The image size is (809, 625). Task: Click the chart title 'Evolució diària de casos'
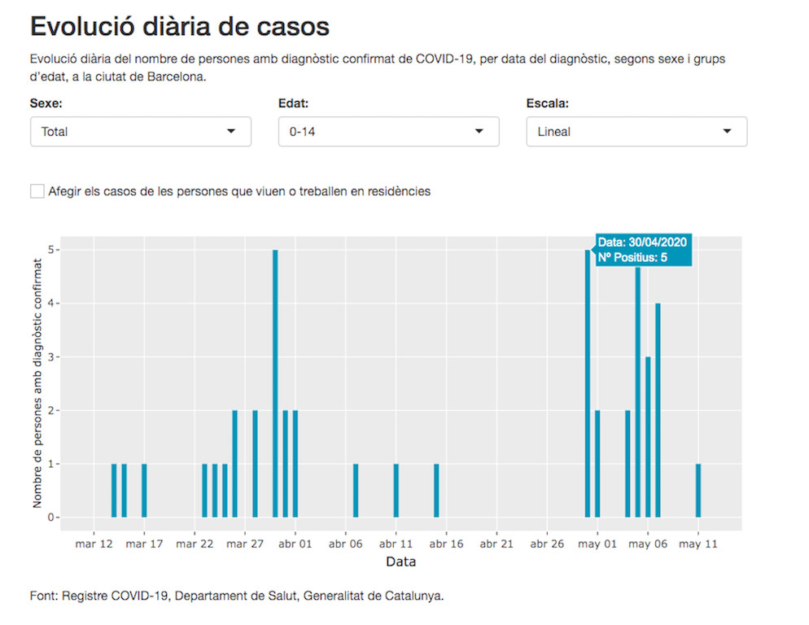[179, 26]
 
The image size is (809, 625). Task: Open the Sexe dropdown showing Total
[140, 131]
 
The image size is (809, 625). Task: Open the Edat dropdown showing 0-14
[388, 131]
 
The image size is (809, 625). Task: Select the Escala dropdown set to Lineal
[636, 131]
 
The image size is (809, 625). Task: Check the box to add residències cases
[37, 191]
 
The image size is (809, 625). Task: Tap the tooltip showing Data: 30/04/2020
[643, 250]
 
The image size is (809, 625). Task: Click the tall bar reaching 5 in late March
[275, 382]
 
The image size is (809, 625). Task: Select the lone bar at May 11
[698, 490]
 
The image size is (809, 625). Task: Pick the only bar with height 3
[648, 436]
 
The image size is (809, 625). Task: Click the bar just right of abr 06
[356, 490]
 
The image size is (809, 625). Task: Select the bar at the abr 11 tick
[396, 490]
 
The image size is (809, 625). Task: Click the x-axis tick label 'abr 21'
[496, 544]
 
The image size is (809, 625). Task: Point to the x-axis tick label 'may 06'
[648, 544]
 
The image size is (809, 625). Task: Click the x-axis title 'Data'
[400, 562]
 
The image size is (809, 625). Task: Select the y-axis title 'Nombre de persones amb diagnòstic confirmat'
[37, 382]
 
